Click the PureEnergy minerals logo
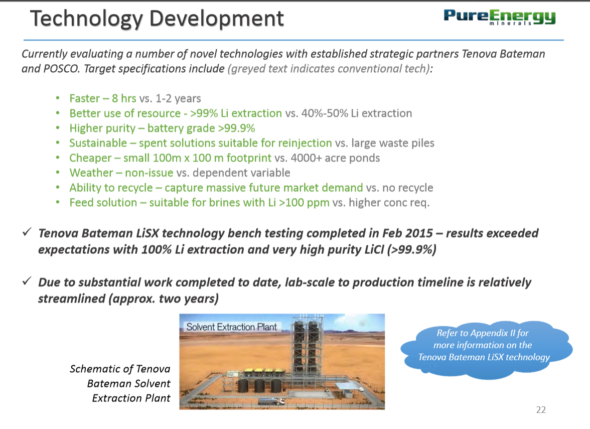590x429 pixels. [x=499, y=17]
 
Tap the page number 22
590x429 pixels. [x=541, y=410]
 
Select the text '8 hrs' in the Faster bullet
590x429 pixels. [x=124, y=98]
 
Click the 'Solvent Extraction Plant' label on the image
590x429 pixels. [x=231, y=327]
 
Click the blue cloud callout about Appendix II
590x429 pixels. [x=486, y=349]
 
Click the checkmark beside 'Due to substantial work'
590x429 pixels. [x=27, y=281]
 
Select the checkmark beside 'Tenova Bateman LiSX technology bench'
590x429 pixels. [x=27, y=232]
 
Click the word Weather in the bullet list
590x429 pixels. [x=91, y=173]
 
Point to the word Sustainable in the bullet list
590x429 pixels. [x=98, y=143]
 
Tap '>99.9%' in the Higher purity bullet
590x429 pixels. [x=236, y=128]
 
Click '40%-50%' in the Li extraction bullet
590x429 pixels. [x=324, y=113]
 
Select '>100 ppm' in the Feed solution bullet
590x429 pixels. [x=304, y=203]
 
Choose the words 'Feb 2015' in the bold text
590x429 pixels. [x=407, y=233]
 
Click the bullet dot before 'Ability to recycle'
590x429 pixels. [x=58, y=187]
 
